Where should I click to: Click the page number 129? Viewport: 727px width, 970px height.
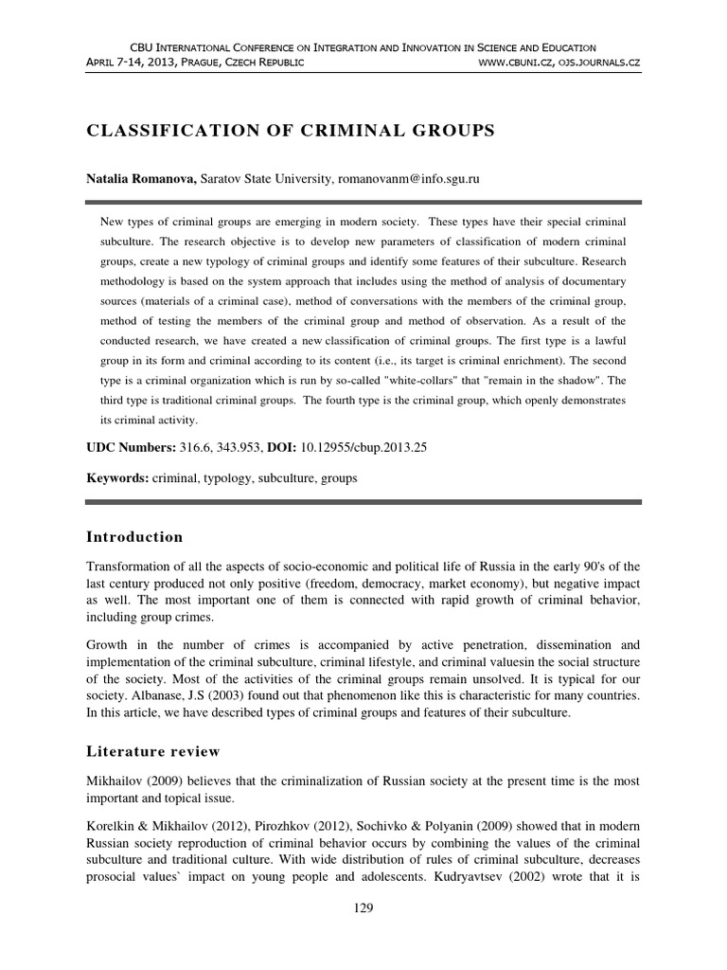363,908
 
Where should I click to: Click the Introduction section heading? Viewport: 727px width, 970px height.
134,537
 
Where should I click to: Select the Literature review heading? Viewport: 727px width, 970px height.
152,751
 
